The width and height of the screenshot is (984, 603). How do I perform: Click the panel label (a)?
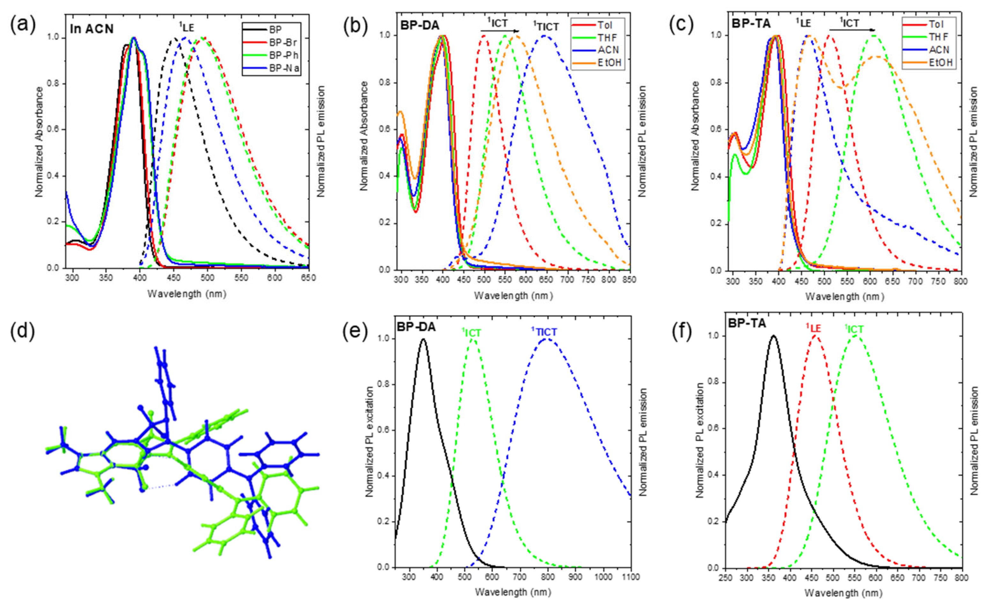point(23,24)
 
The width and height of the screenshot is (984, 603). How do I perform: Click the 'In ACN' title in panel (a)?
point(92,29)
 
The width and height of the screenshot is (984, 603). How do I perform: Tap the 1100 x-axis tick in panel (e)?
point(630,577)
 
